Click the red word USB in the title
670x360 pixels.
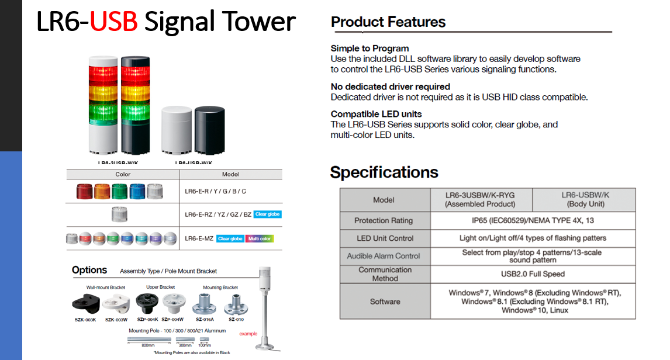114,22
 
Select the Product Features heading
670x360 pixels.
388,22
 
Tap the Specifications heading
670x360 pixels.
384,172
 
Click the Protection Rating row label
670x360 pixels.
384,220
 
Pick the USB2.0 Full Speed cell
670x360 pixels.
533,274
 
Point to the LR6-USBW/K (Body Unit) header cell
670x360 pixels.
583,200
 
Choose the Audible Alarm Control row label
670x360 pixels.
384,256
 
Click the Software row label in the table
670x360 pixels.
385,302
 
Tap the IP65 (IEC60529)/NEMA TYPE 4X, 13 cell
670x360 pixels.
533,220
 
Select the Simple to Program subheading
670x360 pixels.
369,49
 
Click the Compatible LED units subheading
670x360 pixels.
376,114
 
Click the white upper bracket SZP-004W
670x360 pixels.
174,303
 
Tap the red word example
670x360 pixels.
248,334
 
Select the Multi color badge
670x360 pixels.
260,238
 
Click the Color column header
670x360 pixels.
123,174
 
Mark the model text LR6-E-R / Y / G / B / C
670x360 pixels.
215,191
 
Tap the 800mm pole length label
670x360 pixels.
148,345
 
